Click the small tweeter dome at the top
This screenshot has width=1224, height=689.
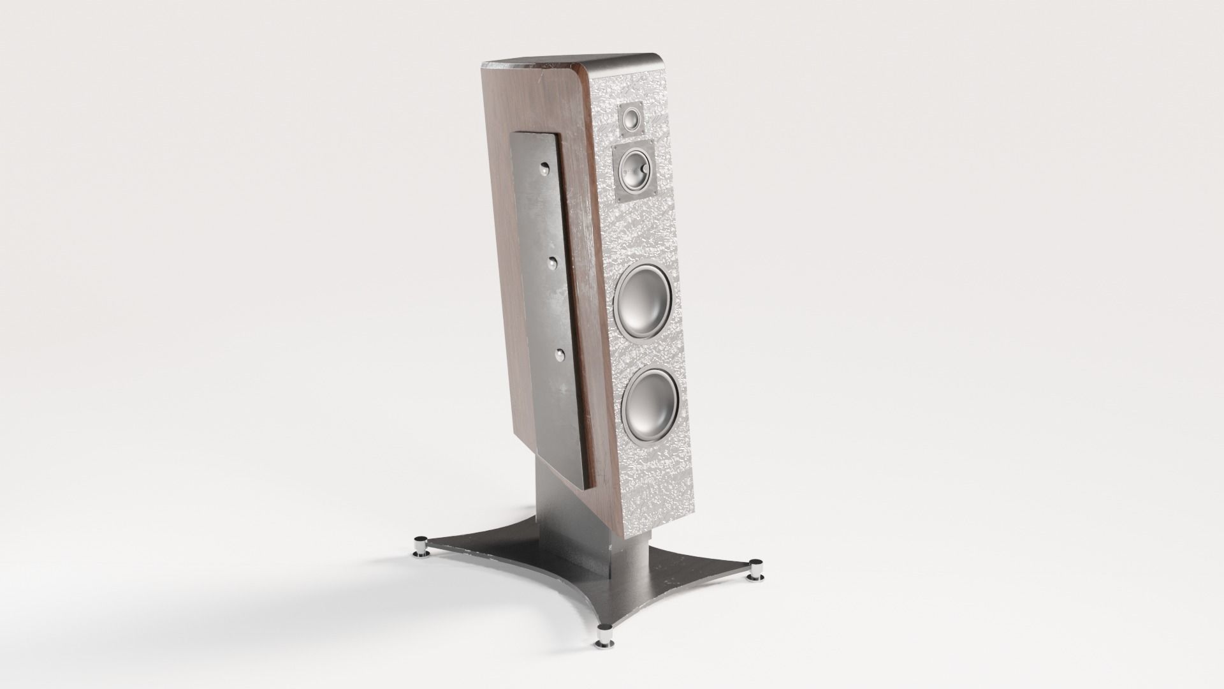(631, 119)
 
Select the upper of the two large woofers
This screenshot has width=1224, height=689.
(644, 302)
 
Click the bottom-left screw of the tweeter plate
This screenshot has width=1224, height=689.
(622, 132)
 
